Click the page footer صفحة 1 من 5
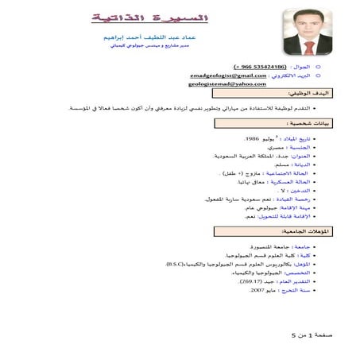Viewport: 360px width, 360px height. (x=311, y=335)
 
